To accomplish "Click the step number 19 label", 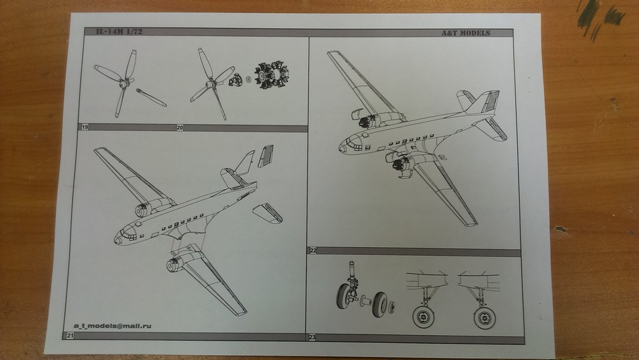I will (84, 127).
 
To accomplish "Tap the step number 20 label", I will (180, 128).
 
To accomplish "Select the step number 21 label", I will (70, 336).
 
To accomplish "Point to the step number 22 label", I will (313, 250).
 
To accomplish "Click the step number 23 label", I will (312, 338).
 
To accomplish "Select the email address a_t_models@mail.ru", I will (113, 326).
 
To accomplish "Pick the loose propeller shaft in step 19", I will (151, 97).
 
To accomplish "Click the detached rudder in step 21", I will (265, 155).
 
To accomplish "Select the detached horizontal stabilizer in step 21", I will (267, 213).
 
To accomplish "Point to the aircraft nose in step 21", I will (120, 238).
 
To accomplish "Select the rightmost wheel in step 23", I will (484, 317).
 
